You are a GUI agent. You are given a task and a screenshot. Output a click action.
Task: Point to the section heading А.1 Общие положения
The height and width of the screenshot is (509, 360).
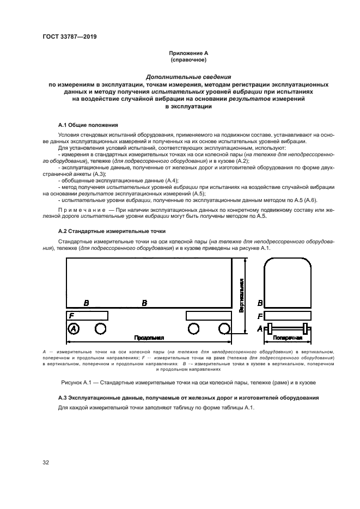pos(87,125)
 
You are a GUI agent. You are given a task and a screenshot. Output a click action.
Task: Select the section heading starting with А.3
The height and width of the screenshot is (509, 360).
pos(188,398)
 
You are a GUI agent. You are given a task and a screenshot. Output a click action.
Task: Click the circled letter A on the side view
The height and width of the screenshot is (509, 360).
pos(73,328)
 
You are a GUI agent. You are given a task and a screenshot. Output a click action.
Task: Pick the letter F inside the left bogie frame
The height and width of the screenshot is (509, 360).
pos(70,315)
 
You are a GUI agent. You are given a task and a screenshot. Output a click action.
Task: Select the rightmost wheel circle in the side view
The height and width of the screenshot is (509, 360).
pos(224,328)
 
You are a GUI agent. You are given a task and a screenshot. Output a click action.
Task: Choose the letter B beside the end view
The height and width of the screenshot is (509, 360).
pos(260,303)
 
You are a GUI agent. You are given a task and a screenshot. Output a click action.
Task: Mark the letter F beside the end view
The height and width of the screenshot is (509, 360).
pos(260,316)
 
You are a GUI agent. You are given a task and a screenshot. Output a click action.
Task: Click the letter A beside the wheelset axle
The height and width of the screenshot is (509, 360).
pos(260,328)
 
